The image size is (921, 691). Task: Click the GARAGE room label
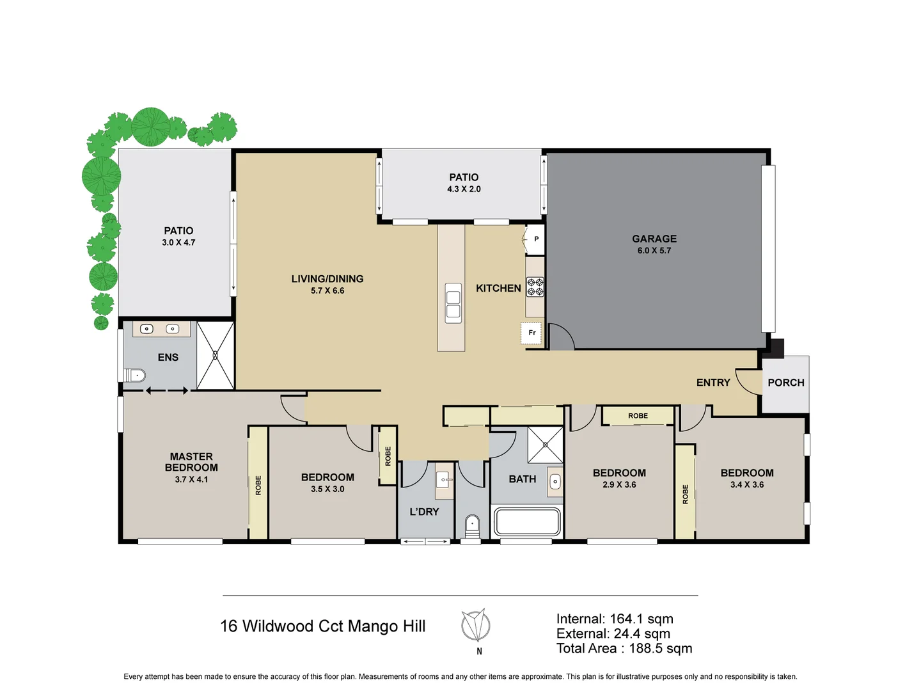tap(654, 239)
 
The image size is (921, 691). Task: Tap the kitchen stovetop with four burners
tap(535, 287)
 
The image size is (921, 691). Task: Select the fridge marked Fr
tap(531, 333)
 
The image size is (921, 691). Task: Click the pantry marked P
tap(535, 239)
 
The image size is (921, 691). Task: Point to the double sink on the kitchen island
tap(453, 304)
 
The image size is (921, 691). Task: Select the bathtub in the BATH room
tap(526, 521)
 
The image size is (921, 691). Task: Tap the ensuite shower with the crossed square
tap(215, 355)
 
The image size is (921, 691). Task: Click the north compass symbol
tap(476, 626)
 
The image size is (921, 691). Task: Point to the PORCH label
tap(785, 383)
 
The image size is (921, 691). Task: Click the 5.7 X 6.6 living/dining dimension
tap(327, 290)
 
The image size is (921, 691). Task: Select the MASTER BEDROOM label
tap(191, 462)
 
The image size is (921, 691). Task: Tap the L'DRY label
tap(424, 512)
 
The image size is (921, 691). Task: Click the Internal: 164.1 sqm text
tap(614, 619)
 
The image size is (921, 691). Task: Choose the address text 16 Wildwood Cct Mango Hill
tap(322, 626)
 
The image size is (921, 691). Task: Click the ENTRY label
tap(712, 383)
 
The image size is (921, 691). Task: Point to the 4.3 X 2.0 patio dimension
tap(464, 189)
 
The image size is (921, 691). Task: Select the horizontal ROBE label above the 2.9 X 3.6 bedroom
tap(638, 416)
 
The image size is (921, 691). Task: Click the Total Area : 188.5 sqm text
tap(624, 648)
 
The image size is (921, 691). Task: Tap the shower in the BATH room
tap(545, 444)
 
